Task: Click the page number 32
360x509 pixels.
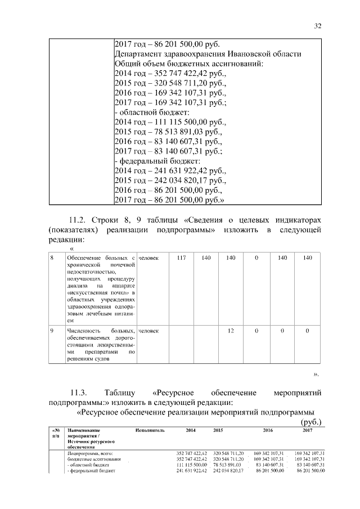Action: pos(318,26)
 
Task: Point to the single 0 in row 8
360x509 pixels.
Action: pos(256,258)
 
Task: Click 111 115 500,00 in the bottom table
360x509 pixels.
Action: pos(191,466)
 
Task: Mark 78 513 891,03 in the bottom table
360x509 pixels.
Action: pos(227,466)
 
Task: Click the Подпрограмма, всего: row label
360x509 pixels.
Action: pos(90,453)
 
